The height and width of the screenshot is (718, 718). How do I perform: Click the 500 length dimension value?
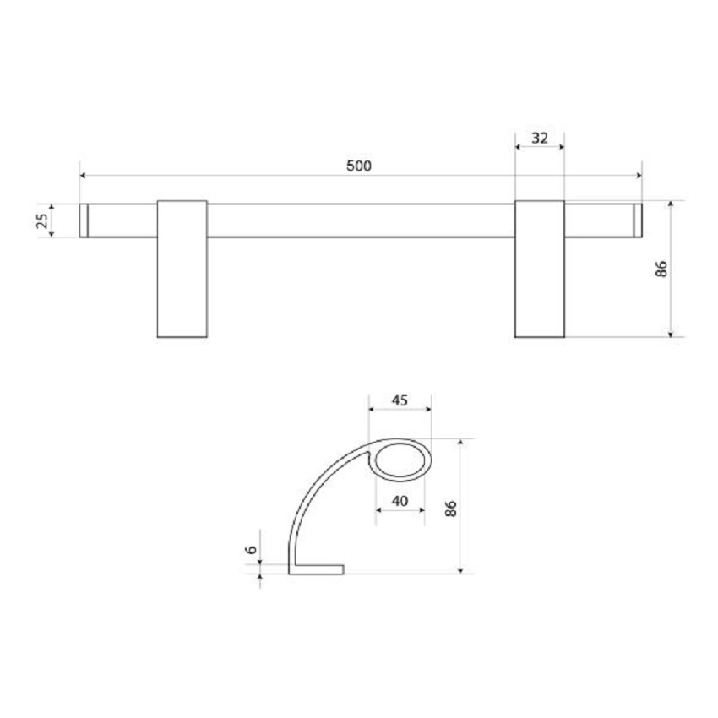point(358,166)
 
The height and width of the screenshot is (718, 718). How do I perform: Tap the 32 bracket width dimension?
point(540,138)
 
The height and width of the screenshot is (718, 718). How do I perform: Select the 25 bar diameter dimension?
point(42,220)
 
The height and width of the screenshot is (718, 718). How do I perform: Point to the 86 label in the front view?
point(661,269)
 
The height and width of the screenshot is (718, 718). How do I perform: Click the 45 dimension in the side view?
point(400,400)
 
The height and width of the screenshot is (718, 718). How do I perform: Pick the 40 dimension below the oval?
point(400,501)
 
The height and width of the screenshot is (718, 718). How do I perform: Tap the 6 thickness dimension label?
point(252,549)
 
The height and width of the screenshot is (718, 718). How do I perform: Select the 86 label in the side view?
point(451,509)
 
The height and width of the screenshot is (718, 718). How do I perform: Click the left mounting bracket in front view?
point(182,269)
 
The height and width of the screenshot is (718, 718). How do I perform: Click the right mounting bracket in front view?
point(540,269)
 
